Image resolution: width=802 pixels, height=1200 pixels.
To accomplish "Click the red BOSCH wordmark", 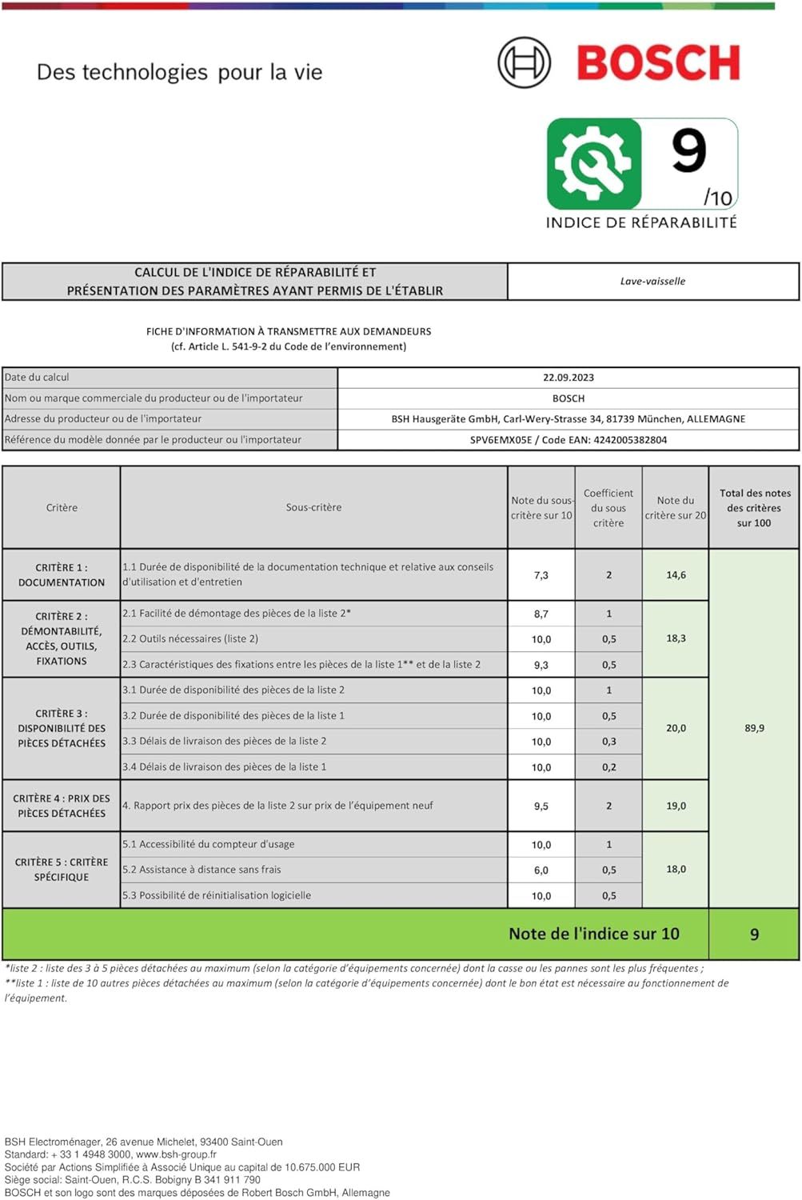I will tap(658, 63).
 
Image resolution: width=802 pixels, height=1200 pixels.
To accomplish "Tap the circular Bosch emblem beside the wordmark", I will tap(525, 62).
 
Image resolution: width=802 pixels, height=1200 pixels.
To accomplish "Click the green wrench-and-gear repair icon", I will tap(594, 163).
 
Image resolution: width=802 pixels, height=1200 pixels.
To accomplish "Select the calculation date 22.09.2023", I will tap(569, 378).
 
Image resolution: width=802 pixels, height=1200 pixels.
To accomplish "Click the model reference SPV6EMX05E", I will tap(501, 440).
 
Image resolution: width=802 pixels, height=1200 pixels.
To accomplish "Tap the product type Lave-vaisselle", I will tap(652, 282).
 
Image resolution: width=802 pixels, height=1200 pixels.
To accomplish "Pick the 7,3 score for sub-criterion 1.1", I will tap(541, 575).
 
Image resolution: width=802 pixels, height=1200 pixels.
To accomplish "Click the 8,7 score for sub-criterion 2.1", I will tap(541, 614).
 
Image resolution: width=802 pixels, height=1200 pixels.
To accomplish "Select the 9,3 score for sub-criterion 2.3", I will tap(541, 665).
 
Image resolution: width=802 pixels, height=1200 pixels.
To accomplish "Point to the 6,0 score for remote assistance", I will tap(541, 870).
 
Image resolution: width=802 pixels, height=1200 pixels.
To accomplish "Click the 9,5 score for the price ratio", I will tap(541, 806).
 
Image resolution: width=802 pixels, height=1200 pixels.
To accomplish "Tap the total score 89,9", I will tap(754, 729).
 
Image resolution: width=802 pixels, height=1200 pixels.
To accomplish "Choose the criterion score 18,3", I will tap(676, 638).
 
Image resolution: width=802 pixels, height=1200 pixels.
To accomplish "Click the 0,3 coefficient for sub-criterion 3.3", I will tap(608, 742).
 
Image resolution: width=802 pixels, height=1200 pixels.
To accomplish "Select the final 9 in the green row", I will tap(754, 934).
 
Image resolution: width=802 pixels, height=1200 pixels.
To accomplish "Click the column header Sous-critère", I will tap(313, 507).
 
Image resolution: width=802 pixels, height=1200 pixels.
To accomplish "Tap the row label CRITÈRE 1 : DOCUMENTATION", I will tap(62, 575).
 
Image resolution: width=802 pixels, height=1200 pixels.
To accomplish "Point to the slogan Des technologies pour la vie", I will tap(179, 73).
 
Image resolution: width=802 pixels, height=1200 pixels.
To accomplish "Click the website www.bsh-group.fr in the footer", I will tap(176, 1154).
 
